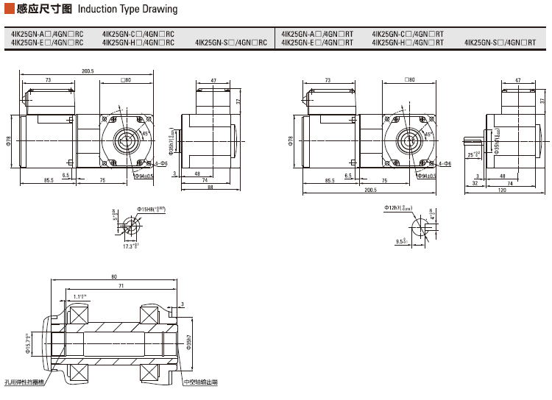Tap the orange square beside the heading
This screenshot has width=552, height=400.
click(8, 10)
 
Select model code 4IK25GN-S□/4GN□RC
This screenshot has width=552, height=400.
click(231, 43)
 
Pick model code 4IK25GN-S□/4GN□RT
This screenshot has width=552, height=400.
click(500, 43)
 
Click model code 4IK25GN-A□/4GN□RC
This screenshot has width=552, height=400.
click(47, 34)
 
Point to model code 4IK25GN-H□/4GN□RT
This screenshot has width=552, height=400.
click(408, 43)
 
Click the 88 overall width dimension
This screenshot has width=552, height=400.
click(210, 187)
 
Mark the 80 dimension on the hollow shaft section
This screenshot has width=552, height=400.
click(114, 277)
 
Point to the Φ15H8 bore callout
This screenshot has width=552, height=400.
click(150, 210)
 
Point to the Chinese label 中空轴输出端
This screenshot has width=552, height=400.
click(201, 382)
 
